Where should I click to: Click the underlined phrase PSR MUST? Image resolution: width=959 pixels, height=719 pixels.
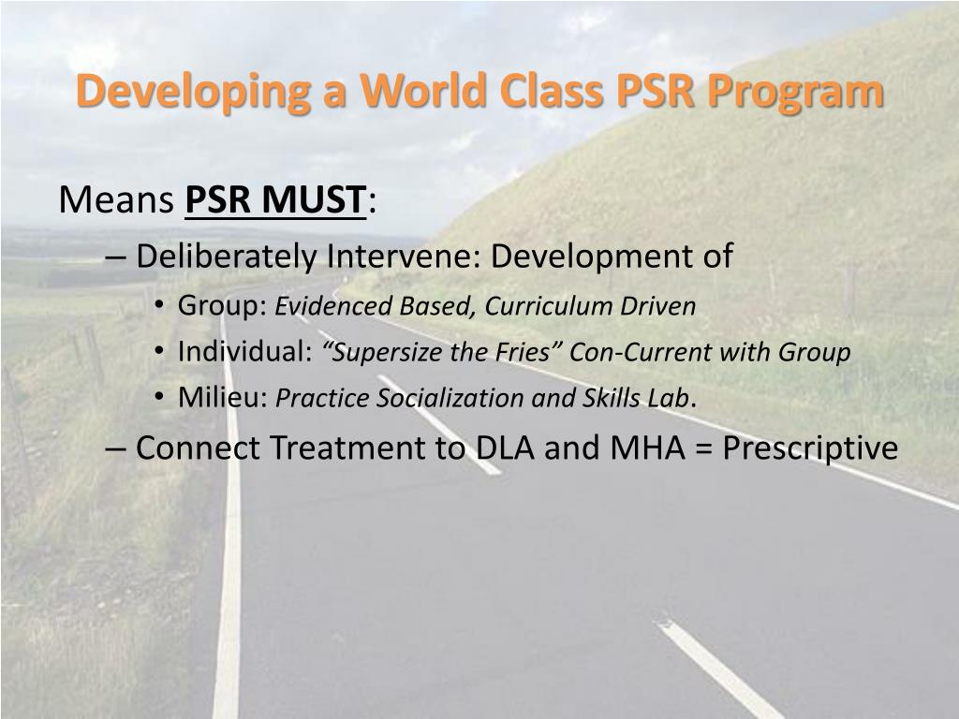coord(275,199)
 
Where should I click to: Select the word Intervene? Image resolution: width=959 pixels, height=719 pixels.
coord(403,256)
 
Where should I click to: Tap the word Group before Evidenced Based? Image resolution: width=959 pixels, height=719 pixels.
coord(223,306)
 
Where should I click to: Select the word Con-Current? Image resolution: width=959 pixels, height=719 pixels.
coord(639,352)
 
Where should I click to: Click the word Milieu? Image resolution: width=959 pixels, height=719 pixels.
coord(223,398)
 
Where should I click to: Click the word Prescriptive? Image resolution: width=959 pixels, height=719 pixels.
coord(810,448)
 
